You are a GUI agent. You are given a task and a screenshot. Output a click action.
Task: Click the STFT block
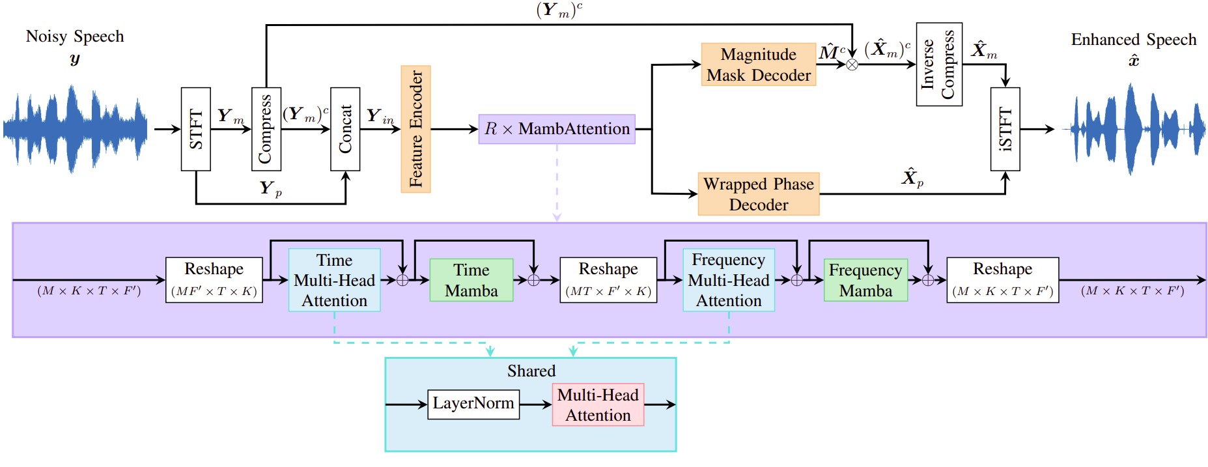pos(195,129)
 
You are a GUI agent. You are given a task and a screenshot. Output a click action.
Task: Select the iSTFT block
pos(1005,129)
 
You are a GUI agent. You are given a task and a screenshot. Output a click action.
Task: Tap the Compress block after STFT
pos(266,129)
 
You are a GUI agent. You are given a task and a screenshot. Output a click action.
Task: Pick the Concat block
pos(345,129)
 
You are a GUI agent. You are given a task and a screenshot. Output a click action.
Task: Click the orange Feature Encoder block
pos(415,129)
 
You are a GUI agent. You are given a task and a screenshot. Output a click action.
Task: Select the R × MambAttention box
pos(557,129)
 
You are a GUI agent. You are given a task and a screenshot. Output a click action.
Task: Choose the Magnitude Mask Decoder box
pos(758,64)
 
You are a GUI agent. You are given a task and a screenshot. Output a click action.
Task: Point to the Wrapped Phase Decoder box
pos(758,194)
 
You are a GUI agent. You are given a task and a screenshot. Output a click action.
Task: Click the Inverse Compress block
pos(938,64)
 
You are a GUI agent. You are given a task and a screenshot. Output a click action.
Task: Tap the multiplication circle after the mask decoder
pos(852,64)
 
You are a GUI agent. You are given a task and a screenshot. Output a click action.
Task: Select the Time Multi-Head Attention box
pos(334,280)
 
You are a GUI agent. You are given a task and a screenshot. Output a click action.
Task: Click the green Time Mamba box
pos(471,280)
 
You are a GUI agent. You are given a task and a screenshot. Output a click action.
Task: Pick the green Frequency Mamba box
pos(865,280)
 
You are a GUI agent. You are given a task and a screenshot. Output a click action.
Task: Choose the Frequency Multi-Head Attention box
pos(728,280)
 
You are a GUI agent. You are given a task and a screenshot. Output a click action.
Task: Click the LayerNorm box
pos(473,404)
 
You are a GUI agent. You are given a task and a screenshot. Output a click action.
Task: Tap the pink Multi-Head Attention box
pos(598,404)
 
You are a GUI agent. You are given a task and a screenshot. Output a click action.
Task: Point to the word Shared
pos(531,371)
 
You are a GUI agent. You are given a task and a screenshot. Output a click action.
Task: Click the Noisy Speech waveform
pos(75,129)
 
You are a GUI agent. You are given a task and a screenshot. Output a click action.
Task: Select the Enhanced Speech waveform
pos(1134,129)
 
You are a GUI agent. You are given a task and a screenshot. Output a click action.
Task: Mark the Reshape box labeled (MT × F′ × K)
pos(608,280)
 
